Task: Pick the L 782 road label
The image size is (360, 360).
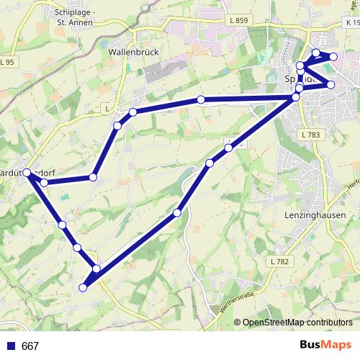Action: [x=281, y=261]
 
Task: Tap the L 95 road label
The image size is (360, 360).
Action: [x=6, y=63]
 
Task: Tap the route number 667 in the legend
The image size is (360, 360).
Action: [x=30, y=346]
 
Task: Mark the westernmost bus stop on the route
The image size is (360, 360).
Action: [x=27, y=173]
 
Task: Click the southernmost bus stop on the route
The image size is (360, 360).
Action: [x=83, y=287]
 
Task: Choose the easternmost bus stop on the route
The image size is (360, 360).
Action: [x=333, y=57]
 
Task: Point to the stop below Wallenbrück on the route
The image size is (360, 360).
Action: [x=133, y=112]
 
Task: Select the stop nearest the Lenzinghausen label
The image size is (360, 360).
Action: [x=296, y=96]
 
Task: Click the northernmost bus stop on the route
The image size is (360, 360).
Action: [x=316, y=53]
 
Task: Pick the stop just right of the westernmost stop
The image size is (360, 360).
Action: [x=44, y=183]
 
